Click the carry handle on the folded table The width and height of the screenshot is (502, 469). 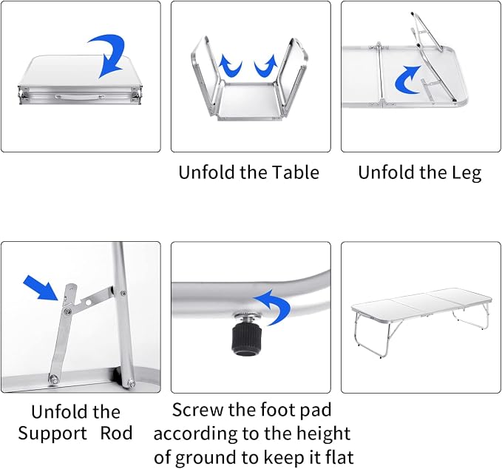(79, 96)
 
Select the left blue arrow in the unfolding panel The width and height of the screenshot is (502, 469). (230, 66)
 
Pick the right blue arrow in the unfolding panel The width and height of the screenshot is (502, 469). (265, 66)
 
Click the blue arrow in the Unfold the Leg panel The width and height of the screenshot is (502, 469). (406, 80)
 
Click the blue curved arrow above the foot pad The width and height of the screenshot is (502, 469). (275, 306)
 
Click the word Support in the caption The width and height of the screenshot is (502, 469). (52, 434)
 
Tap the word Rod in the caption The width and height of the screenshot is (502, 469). (116, 433)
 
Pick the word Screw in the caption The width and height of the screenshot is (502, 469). (197, 410)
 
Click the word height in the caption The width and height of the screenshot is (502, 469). (323, 434)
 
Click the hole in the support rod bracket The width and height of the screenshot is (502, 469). (88, 302)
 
